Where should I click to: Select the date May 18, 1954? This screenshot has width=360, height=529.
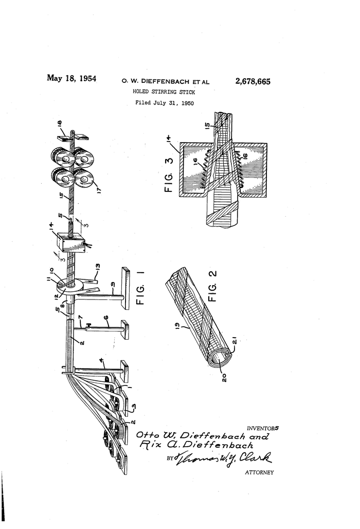[x=71, y=79]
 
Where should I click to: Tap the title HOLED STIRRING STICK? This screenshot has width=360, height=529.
[x=164, y=92]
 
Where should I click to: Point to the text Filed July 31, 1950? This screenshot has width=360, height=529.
[x=165, y=103]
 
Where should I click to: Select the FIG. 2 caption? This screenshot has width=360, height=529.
[x=213, y=286]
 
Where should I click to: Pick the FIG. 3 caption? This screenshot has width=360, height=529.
[x=169, y=174]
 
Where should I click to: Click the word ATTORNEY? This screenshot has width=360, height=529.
[x=259, y=472]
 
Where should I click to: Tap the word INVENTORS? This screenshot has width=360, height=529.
[x=263, y=428]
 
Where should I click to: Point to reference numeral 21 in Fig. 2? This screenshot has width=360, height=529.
[x=234, y=341]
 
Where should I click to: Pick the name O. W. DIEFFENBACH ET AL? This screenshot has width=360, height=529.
[x=166, y=81]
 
